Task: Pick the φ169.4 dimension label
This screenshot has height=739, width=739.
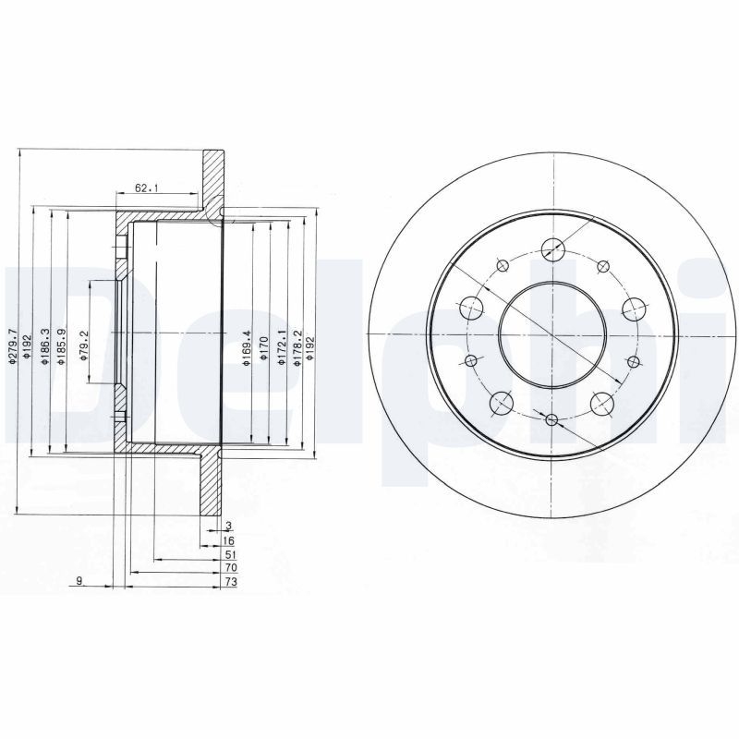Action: pos(247,348)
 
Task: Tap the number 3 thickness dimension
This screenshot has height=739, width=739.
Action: pos(227,526)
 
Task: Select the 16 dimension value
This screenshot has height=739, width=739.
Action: pos(229,539)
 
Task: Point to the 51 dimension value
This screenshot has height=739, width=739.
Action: pos(229,554)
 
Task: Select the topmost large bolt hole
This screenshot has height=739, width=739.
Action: pos(552,248)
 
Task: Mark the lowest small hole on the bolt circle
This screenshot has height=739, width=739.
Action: pos(552,421)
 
